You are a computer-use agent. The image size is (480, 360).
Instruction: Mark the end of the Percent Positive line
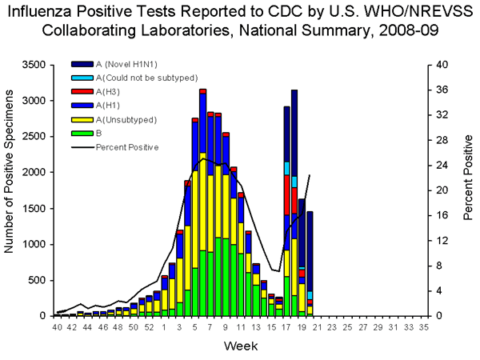pyautogui.click(x=310, y=175)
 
